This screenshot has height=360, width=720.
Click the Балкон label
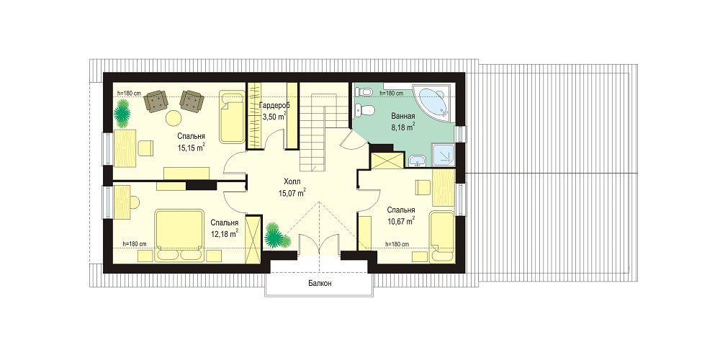pos(320,283)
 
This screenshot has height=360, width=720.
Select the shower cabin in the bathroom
pos(442,154)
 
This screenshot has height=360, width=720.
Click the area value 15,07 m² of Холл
pos(292,193)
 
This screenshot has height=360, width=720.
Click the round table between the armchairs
pos(174,118)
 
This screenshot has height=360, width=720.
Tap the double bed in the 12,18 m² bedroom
pos(179,235)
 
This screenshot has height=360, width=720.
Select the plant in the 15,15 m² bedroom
pos(122,114)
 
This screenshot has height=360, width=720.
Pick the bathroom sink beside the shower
pos(418,161)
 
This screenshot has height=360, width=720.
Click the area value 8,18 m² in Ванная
pos(403,127)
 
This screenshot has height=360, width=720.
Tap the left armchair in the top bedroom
pos(156,101)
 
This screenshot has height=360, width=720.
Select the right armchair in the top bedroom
pos(192,101)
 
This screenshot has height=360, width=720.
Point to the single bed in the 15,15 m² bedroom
pos(231,117)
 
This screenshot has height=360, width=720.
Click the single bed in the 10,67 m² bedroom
pos(442,237)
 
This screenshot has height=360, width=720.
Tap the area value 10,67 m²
pos(401,221)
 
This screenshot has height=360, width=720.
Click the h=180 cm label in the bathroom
pos(392,93)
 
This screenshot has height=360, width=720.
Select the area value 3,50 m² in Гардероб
pos(274,117)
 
